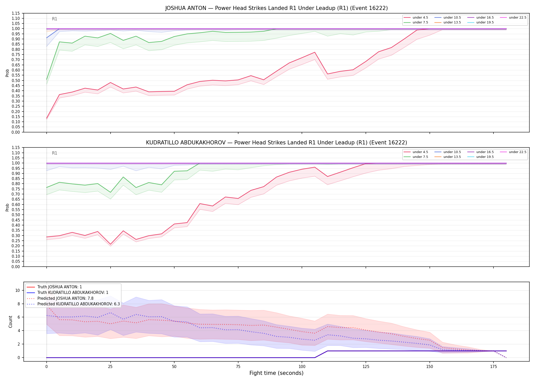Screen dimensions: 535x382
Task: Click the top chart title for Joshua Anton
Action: (x=276, y=8)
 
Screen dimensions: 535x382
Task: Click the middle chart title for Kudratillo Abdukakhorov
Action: (x=276, y=143)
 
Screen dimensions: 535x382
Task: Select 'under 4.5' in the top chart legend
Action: (x=420, y=18)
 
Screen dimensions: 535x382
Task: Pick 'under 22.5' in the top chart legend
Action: (x=517, y=18)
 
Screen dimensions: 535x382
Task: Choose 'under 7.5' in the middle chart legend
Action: (x=420, y=157)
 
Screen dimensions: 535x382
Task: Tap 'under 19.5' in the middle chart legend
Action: (x=485, y=157)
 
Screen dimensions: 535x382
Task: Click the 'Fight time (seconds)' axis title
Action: (x=276, y=373)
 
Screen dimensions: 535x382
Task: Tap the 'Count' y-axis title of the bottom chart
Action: (x=10, y=322)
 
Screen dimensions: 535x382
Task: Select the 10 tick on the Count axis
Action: (x=18, y=290)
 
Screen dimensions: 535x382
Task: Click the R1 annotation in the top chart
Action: (x=55, y=19)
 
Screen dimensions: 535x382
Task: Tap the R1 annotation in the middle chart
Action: (x=55, y=153)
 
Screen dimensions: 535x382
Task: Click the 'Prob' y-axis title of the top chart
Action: (x=7, y=73)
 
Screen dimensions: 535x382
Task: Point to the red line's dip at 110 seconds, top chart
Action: (x=328, y=74)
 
